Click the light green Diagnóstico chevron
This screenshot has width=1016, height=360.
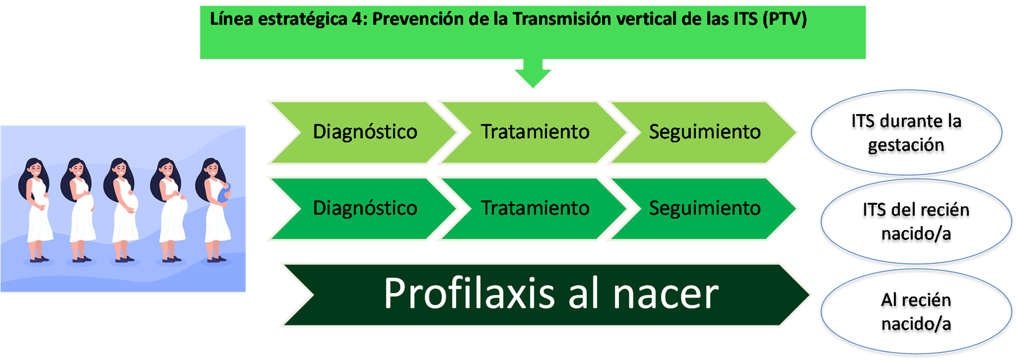click(x=363, y=132)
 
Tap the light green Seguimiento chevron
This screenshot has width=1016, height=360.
click(x=704, y=132)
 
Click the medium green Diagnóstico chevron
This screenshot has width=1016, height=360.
click(x=363, y=209)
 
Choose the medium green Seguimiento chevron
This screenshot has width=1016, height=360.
click(x=704, y=209)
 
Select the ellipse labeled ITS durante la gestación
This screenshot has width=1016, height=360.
click(x=906, y=132)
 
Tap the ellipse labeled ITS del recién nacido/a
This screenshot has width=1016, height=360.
click(x=916, y=222)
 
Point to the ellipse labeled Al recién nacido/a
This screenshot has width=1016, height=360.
click(x=916, y=312)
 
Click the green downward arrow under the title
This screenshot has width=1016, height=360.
click(x=533, y=72)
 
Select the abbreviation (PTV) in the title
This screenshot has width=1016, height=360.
click(x=785, y=20)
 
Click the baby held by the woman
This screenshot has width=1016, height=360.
click(x=224, y=193)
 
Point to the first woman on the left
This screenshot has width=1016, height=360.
click(x=35, y=210)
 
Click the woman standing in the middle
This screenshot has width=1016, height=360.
click(x=121, y=210)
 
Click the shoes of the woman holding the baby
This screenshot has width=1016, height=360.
click(x=217, y=259)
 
